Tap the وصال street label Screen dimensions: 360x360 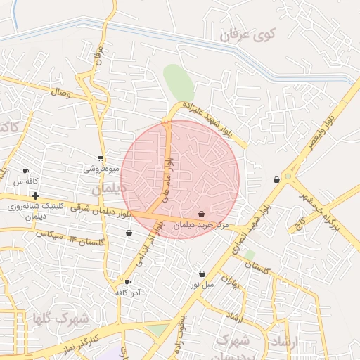[60, 92]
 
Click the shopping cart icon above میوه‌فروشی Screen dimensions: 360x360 [101, 158]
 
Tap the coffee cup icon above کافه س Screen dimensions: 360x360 [26, 171]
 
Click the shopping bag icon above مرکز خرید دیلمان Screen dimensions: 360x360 [202, 214]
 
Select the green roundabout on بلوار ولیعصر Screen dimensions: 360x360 [288, 176]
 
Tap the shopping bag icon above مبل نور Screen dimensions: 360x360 [202, 274]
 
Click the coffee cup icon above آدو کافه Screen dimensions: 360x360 [127, 282]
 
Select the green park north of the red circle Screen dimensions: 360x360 [179, 82]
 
